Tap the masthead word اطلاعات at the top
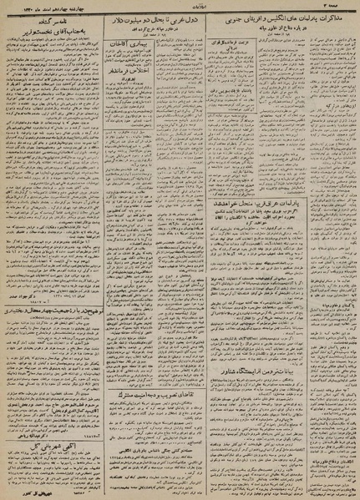185,6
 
